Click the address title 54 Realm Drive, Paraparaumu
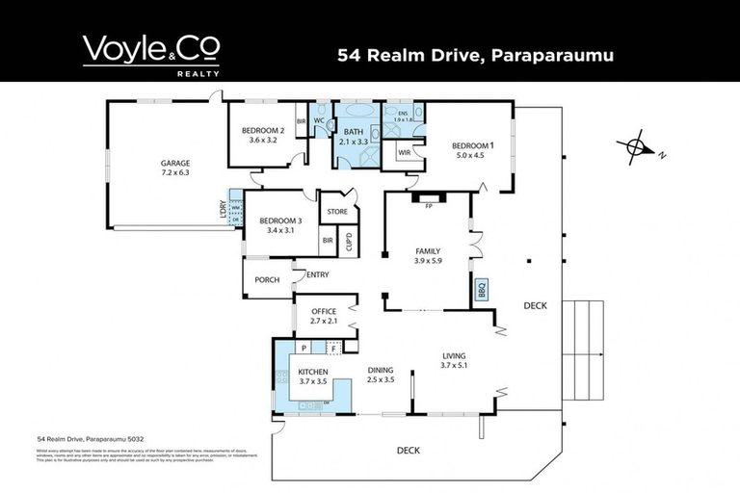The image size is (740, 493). pyautogui.click(x=475, y=55)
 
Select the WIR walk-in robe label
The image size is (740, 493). pyautogui.click(x=404, y=152)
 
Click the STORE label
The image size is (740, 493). pyautogui.click(x=336, y=212)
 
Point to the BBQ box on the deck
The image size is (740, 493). pyautogui.click(x=482, y=289)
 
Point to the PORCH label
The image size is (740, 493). pyautogui.click(x=266, y=280)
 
